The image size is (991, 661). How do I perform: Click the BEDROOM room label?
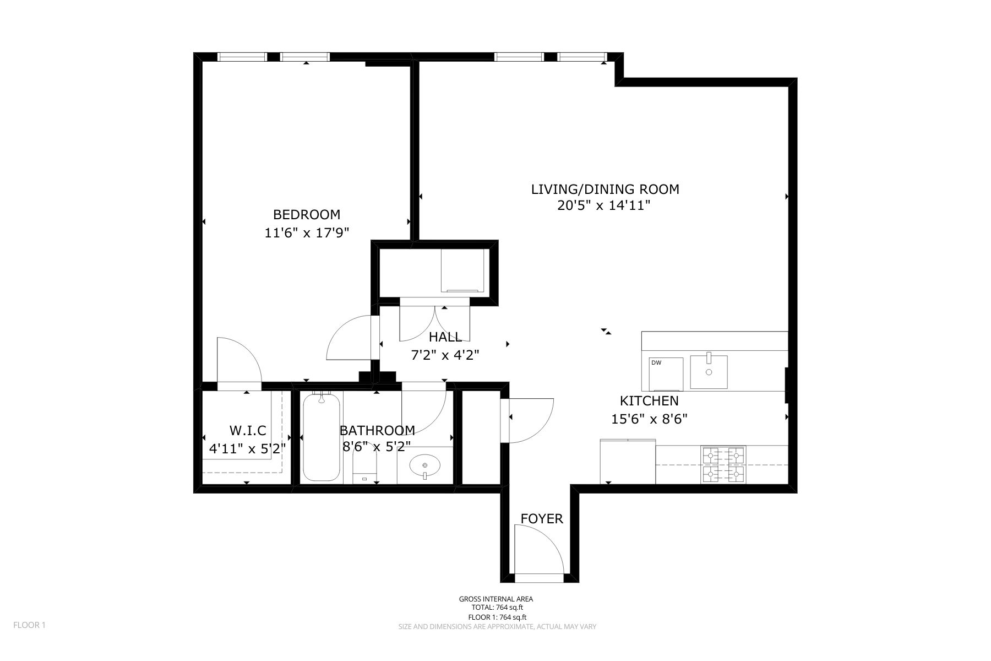click(x=307, y=214)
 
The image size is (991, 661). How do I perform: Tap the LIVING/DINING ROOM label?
click(x=605, y=189)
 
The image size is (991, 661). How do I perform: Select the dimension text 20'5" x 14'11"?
click(x=605, y=206)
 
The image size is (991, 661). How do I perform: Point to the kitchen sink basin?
click(x=709, y=372)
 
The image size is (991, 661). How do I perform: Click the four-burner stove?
click(x=723, y=465)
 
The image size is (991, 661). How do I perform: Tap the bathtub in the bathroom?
click(x=321, y=437)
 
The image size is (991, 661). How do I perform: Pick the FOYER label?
click(x=542, y=519)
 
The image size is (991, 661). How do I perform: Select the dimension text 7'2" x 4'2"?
click(x=445, y=356)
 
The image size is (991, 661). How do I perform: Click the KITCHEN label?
click(x=649, y=401)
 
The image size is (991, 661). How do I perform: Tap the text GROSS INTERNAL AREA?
click(x=495, y=599)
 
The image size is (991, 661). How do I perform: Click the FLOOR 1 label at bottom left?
click(x=29, y=625)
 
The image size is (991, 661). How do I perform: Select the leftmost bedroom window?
click(x=242, y=56)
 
